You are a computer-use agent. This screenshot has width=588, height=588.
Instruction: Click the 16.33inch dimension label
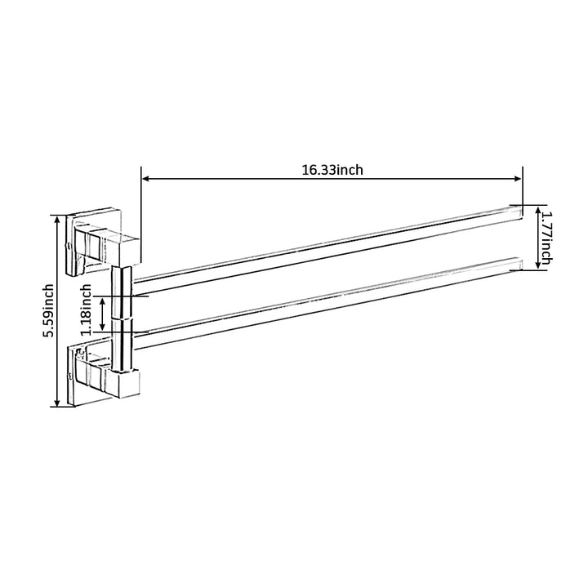tap(332, 170)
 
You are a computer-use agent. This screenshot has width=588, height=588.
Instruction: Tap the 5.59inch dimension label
tap(48, 311)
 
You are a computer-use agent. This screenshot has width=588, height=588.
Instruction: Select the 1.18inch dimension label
tap(86, 310)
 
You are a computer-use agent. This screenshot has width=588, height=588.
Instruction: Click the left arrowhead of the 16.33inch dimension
tap(146, 179)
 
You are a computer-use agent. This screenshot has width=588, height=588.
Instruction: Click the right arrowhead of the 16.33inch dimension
tap(518, 179)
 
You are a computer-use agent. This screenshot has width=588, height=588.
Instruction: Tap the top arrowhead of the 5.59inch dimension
tap(57, 219)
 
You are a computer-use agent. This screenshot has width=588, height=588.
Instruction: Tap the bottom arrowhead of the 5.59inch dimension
tap(57, 403)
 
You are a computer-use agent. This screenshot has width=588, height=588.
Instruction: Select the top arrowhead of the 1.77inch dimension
tap(537, 210)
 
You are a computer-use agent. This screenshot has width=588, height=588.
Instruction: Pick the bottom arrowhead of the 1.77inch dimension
tap(537, 265)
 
